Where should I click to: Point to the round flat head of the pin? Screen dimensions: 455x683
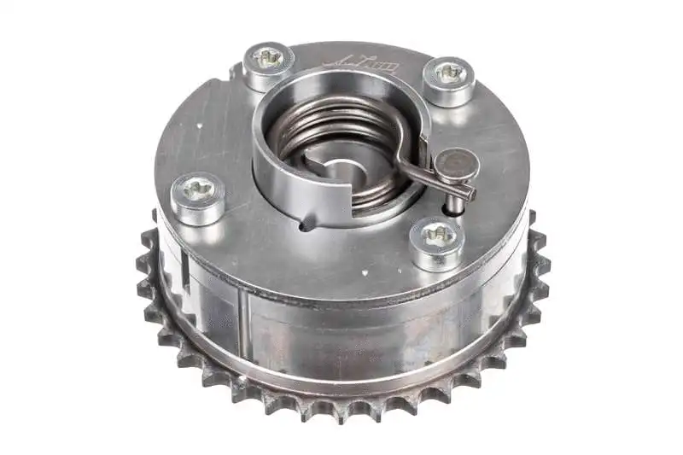[x=457, y=164]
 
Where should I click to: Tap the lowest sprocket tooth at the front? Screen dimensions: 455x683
[x=341, y=415]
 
